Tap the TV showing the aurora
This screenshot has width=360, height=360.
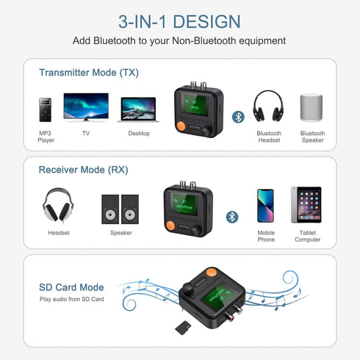click(86, 107)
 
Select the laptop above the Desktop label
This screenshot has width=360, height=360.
click(138, 110)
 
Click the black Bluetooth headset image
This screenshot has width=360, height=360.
click(268, 107)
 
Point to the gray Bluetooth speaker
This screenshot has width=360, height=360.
click(312, 108)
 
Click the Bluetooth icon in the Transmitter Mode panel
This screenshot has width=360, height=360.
click(238, 116)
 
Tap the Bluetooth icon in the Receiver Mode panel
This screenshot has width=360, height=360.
click(232, 217)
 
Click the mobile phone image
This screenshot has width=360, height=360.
click(265, 206)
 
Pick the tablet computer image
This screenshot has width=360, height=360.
click(306, 206)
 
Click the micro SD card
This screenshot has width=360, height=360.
click(184, 325)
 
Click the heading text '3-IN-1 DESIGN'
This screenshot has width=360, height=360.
click(179, 21)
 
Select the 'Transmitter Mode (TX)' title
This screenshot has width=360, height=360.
click(89, 73)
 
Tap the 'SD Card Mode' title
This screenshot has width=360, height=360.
click(71, 287)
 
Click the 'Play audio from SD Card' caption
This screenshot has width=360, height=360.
click(72, 300)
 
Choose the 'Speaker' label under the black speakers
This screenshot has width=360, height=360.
click(121, 233)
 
